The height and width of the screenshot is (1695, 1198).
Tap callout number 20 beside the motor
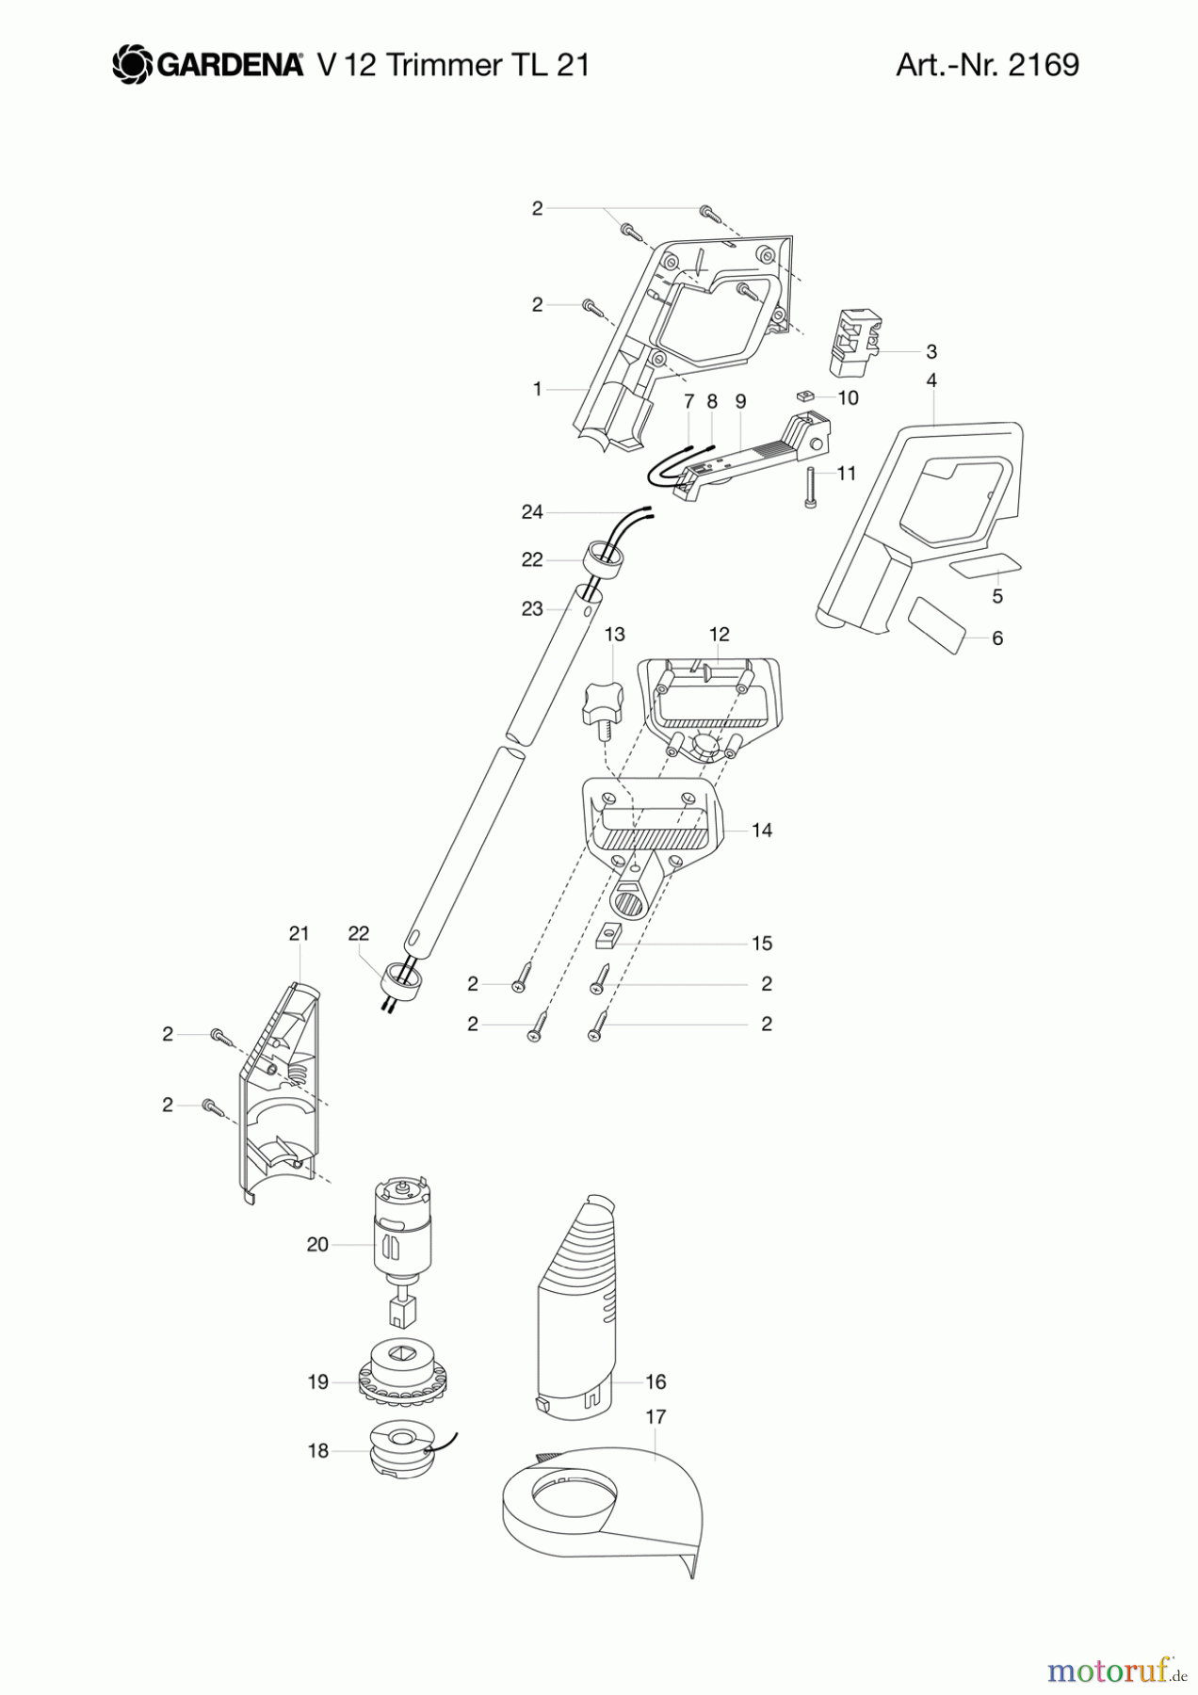click(x=317, y=1244)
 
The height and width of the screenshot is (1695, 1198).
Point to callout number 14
click(x=761, y=830)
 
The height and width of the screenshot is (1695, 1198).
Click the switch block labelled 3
click(x=853, y=338)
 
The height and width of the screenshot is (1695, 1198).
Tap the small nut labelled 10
click(x=806, y=395)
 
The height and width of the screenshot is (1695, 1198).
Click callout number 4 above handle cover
click(x=931, y=380)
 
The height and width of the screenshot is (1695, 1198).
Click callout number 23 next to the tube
click(x=531, y=608)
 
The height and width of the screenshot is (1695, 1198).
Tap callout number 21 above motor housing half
click(x=299, y=932)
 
